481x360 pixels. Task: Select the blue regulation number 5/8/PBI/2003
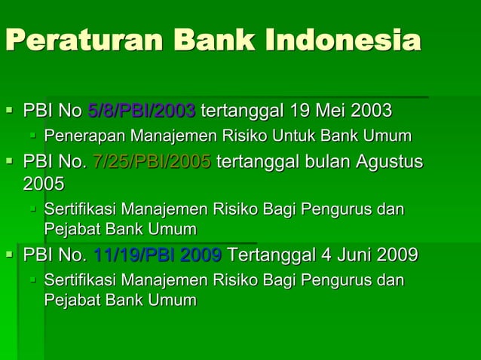coord(142,111)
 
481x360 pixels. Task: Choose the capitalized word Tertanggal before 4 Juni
coord(266,255)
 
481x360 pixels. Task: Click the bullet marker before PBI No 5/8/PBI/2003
coord(10,111)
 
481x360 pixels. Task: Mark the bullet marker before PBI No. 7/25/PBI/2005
coord(10,161)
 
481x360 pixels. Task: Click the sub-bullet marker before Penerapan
coord(32,136)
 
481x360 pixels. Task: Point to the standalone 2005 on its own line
coord(44,184)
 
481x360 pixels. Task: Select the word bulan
coord(311,161)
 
